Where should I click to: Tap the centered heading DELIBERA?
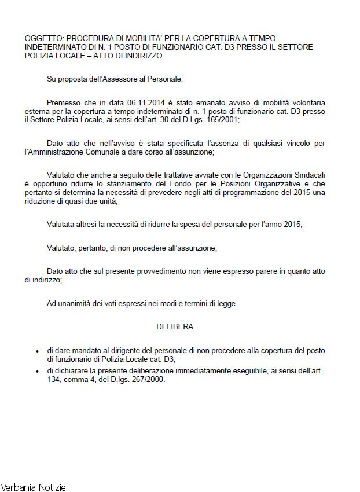click(175, 326)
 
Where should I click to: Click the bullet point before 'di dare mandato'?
click(38, 351)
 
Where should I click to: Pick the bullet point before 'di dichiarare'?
click(38, 371)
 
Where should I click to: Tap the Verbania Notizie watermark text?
click(34, 487)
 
